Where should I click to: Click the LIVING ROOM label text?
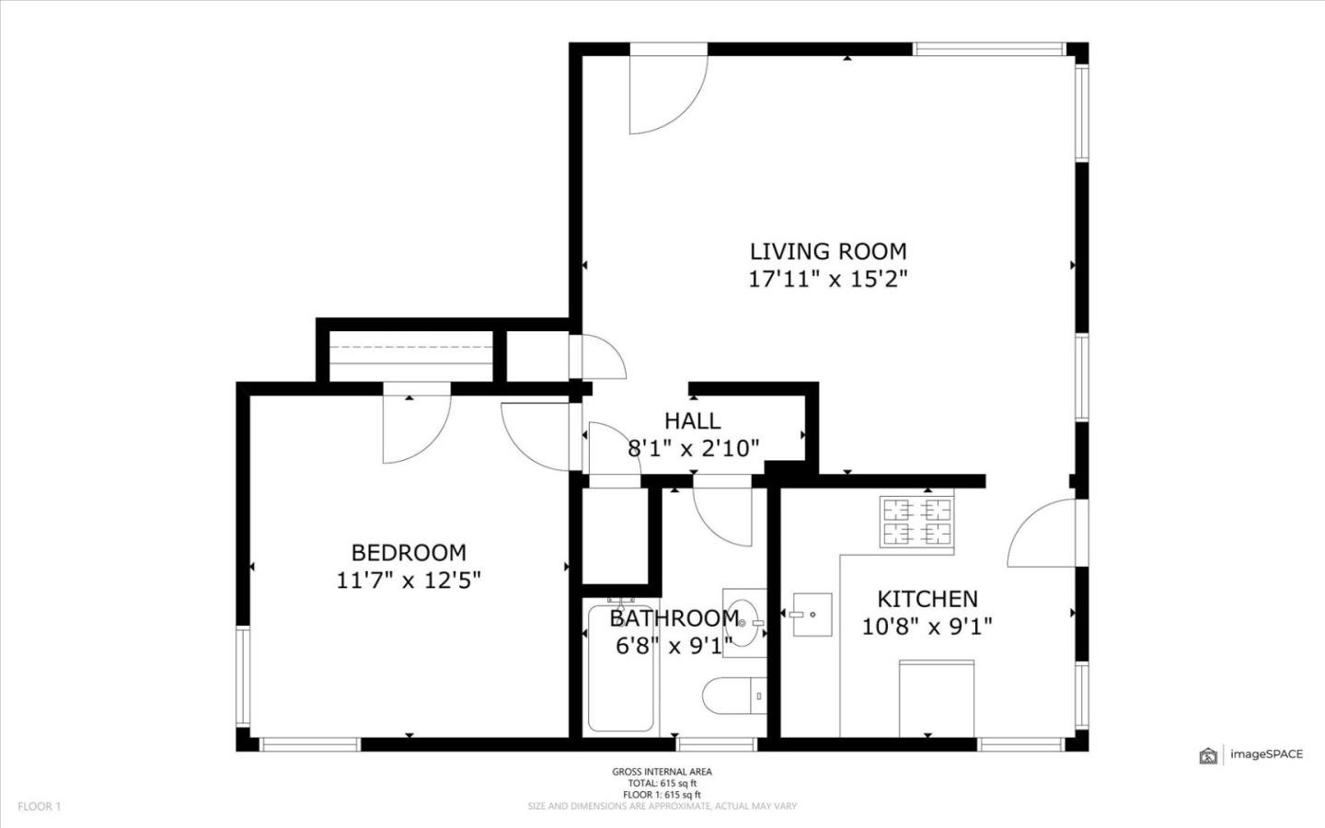[827, 251]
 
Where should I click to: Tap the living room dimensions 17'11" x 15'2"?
[827, 279]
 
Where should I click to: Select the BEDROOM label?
[409, 553]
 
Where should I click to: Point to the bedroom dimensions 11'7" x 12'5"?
[409, 581]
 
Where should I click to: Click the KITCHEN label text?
[927, 599]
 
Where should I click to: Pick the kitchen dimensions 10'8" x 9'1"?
[927, 627]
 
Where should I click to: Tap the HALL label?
[692, 421]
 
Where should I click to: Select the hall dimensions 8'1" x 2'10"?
[692, 449]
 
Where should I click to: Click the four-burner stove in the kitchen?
[916, 522]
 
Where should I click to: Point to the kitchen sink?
[811, 615]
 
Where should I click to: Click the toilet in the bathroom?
[733, 696]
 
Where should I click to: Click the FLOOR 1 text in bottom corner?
[39, 807]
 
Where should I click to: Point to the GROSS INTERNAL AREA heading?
[662, 772]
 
